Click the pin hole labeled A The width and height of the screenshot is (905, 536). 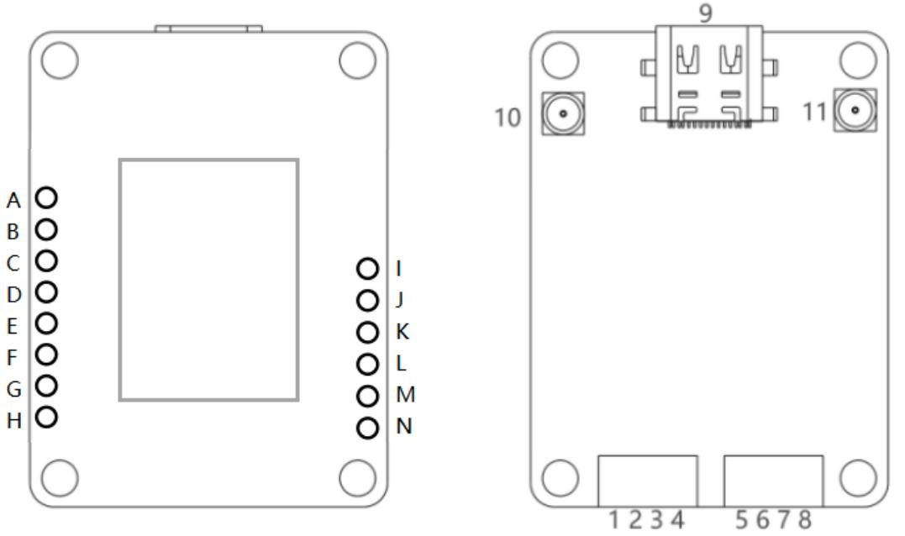click(47, 197)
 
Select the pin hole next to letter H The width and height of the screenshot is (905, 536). click(47, 416)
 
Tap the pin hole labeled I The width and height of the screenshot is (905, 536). click(367, 269)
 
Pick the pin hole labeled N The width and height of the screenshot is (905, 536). click(367, 428)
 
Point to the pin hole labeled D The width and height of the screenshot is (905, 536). click(47, 292)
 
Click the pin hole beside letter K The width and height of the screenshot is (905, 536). click(367, 333)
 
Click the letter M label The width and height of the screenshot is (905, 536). click(405, 394)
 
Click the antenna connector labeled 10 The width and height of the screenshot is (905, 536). click(562, 113)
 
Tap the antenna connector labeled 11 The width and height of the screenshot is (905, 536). click(855, 111)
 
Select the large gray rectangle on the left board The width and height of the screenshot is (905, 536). click(208, 279)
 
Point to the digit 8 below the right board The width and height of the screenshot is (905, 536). click(804, 521)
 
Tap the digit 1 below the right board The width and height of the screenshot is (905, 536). click(616, 521)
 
